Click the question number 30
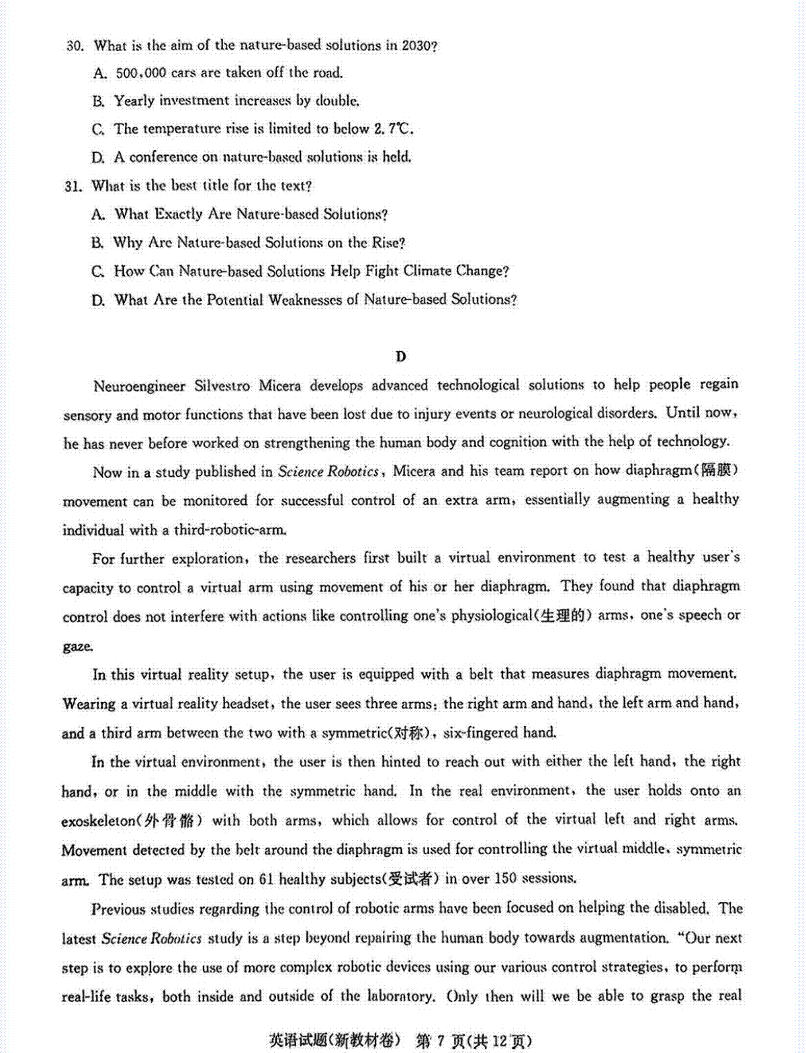[x=75, y=46]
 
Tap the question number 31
[x=73, y=186]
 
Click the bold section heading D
[x=401, y=357]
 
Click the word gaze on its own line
[x=77, y=646]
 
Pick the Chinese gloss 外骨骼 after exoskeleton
[x=173, y=821]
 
